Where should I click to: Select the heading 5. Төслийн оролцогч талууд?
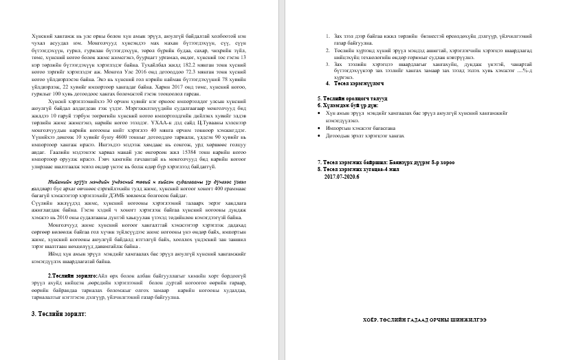click(360, 100)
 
